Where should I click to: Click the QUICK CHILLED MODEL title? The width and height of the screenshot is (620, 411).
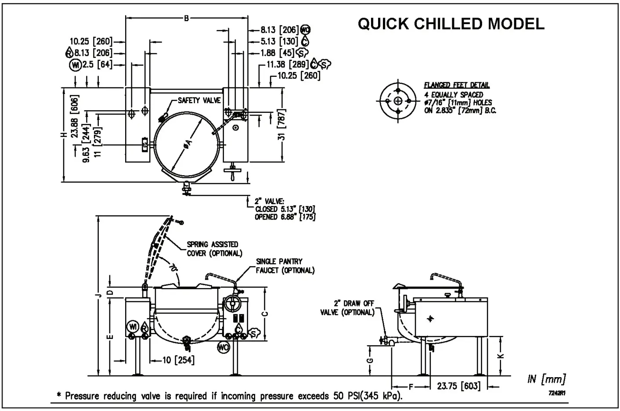451,24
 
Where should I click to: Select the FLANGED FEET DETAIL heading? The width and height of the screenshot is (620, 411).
457,86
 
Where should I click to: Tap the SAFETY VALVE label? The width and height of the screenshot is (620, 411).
199,101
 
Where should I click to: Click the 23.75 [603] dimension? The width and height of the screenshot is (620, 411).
458,386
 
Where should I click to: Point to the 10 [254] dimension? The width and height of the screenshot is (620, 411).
178,361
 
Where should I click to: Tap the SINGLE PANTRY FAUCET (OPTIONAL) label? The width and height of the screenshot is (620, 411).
285,266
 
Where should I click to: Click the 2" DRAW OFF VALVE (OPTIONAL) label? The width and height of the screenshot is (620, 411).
353,308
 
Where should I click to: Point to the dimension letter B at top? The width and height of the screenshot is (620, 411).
186,18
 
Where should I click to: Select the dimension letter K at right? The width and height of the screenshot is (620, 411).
502,356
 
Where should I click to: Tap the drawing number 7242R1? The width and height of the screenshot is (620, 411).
557,393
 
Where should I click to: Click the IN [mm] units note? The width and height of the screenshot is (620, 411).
546,379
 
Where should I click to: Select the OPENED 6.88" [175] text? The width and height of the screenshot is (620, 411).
285,217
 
